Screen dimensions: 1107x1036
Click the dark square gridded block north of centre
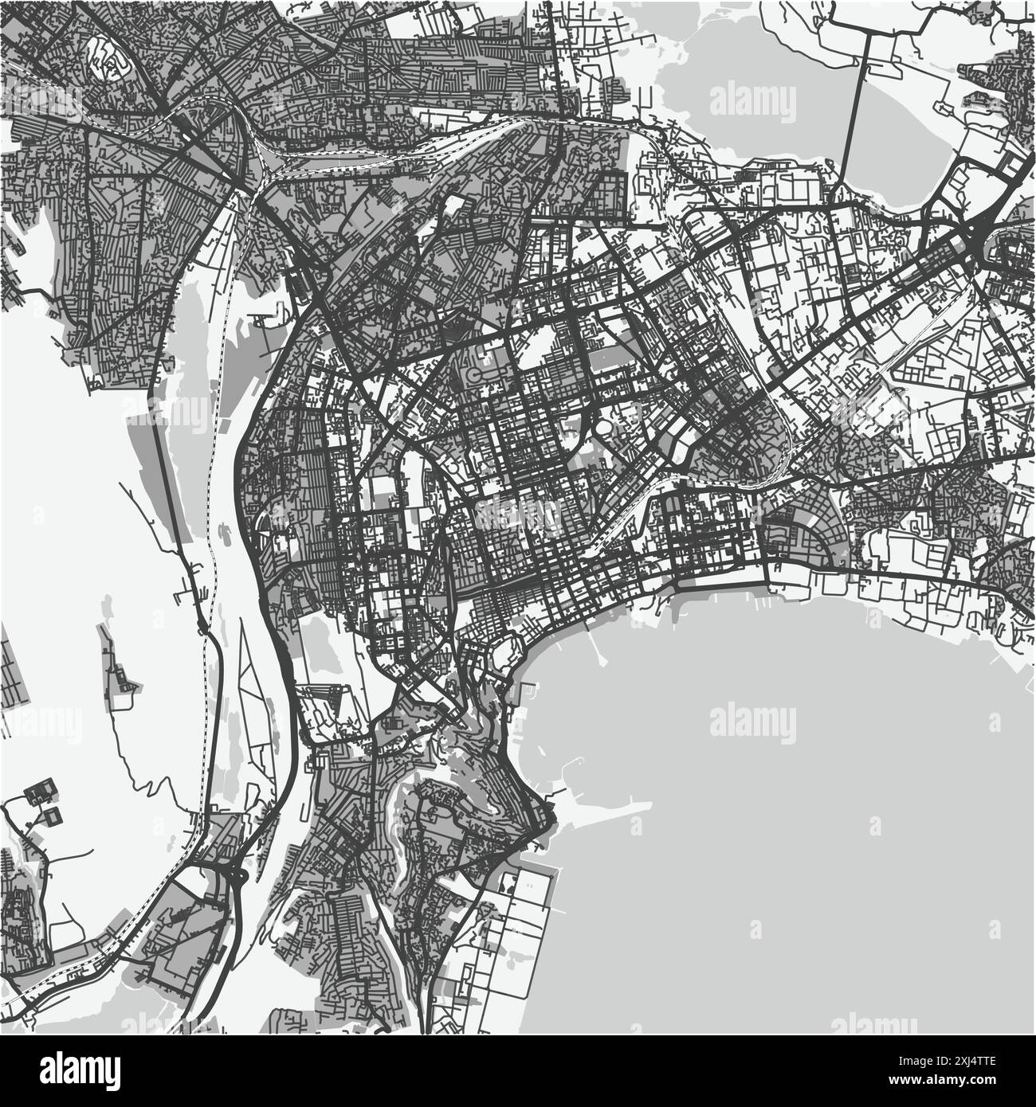pyautogui.click(x=610, y=192)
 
